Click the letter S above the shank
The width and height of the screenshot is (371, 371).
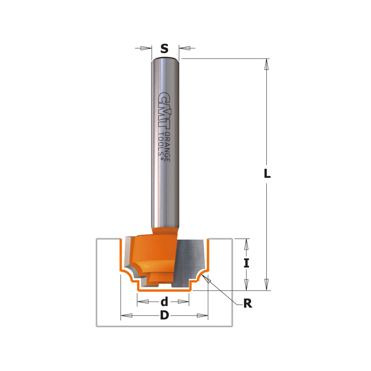coord(164,48)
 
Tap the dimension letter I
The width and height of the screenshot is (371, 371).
coord(246,264)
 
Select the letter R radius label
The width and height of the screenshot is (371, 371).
coord(248,304)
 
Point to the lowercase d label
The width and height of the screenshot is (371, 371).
coord(164,302)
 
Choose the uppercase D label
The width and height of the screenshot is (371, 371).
coord(164,316)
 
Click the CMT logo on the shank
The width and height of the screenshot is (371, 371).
coord(164,111)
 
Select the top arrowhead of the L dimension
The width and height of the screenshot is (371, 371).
coord(267,64)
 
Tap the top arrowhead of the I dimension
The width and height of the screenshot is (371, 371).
coord(246,244)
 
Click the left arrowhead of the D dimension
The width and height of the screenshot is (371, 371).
coord(126,316)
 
